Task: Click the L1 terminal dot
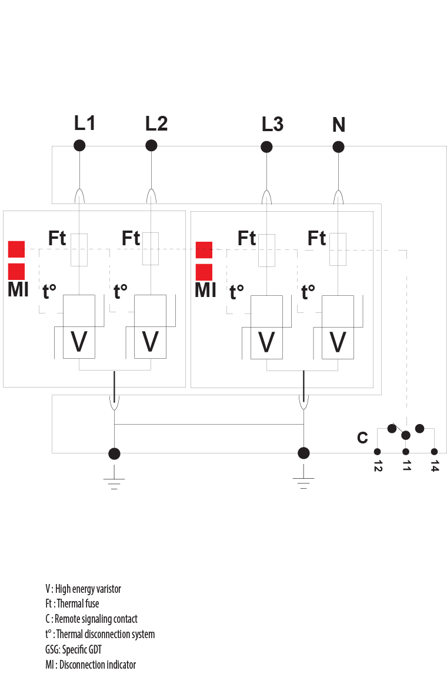pos(79,145)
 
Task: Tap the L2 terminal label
pos(156,124)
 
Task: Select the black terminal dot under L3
pos(266,146)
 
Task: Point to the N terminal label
pos(339,125)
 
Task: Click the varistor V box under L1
pos(79,327)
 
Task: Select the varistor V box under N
pos(338,327)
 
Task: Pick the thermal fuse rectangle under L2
pos(151,249)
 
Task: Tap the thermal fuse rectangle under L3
pos(266,251)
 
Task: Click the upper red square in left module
pos(16,249)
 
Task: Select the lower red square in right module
pos(204,272)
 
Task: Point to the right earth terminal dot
pos(303,453)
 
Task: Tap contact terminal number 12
pos(378,466)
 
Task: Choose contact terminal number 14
pos(435,466)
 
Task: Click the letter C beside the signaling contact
pos(362,438)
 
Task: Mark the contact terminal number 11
pos(406,466)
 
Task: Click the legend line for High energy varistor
pos(83,589)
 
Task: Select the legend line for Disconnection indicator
pos(91,665)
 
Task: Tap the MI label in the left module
pos(18,290)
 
